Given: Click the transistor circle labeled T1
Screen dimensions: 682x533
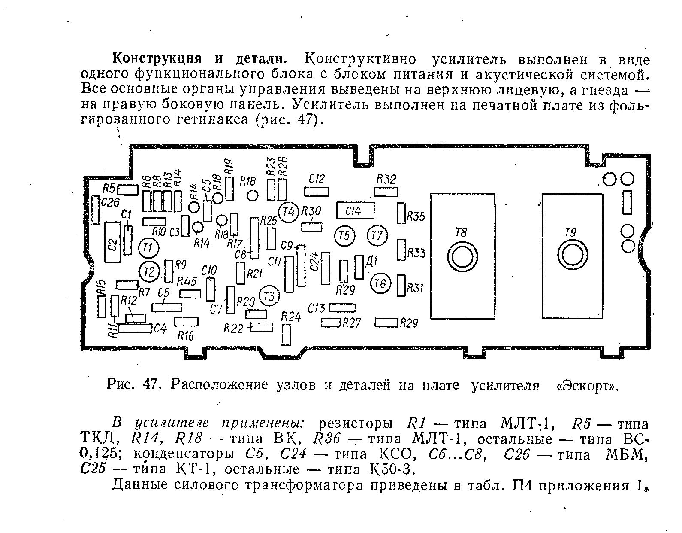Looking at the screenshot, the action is [x=148, y=248].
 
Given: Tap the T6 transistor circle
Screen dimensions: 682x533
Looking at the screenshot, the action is [x=381, y=284].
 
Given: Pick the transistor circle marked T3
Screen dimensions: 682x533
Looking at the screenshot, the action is [x=269, y=296].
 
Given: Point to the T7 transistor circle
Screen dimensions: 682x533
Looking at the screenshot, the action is [x=377, y=235].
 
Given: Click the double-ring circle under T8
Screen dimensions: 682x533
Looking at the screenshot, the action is [x=462, y=256].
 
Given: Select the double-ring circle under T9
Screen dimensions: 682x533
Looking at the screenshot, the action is [x=573, y=255].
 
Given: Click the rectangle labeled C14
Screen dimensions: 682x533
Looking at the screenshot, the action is [x=355, y=210].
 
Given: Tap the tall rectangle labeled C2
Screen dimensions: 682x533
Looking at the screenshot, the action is [x=113, y=242].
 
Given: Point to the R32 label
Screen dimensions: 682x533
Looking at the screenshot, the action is [x=386, y=179].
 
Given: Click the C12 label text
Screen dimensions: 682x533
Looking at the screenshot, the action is [x=317, y=179].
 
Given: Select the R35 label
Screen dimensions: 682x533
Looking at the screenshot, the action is [x=416, y=216].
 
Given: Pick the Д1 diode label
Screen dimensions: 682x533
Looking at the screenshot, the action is [x=371, y=261].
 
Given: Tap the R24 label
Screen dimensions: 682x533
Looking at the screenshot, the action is [x=291, y=317].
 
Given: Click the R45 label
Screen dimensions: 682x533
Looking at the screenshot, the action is [x=187, y=282].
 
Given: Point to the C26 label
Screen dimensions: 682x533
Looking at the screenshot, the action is [x=110, y=203].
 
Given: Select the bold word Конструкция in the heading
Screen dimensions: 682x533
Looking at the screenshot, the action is [x=157, y=58].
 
